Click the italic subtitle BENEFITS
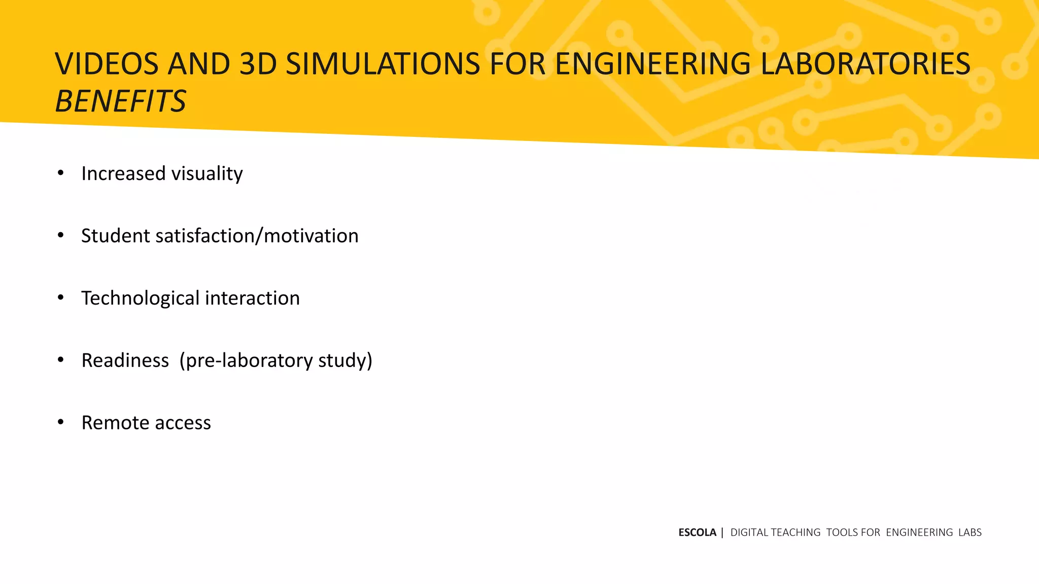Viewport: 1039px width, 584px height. click(x=121, y=101)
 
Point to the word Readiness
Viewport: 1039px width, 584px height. click(x=125, y=360)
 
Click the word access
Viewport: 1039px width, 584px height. click(x=183, y=423)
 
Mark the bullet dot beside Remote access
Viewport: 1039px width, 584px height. click(x=61, y=422)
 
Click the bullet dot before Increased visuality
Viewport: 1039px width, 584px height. click(x=61, y=173)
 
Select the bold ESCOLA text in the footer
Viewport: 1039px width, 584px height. click(x=697, y=532)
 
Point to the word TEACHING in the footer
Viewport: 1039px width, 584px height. click(x=795, y=532)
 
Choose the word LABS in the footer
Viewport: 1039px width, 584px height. click(x=969, y=532)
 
